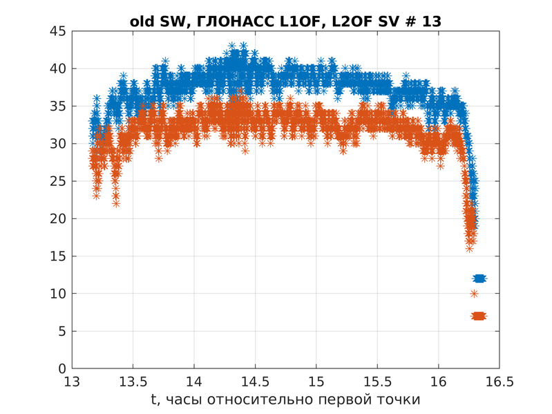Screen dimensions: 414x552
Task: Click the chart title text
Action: click(285, 21)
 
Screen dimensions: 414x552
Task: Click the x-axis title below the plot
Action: click(285, 399)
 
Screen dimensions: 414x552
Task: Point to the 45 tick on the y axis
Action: click(57, 31)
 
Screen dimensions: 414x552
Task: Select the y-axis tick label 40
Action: click(57, 68)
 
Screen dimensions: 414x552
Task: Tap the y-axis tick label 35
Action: click(57, 106)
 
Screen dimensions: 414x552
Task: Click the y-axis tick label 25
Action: click(57, 181)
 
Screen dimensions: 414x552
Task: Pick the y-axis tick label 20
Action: click(57, 218)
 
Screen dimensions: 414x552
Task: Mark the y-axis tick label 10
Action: click(57, 294)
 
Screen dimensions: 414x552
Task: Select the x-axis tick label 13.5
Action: click(133, 382)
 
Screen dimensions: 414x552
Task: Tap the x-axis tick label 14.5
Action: click(255, 382)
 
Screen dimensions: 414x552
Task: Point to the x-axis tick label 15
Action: click(316, 382)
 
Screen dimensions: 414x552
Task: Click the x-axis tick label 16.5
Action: click(499, 382)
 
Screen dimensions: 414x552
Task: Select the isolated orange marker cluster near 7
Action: click(479, 316)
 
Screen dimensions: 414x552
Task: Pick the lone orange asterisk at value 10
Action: click(475, 294)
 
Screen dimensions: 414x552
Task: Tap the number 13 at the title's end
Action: click(431, 21)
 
